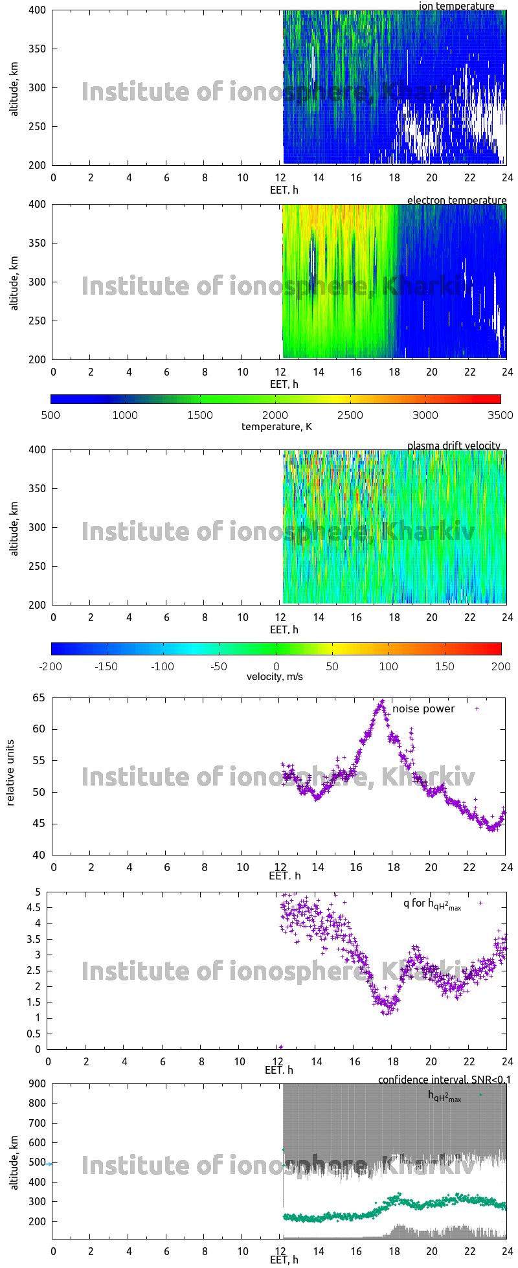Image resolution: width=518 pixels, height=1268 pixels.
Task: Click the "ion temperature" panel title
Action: (x=456, y=6)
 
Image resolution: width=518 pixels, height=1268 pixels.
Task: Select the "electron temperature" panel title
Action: (x=456, y=200)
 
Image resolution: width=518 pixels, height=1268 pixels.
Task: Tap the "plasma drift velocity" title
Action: (x=453, y=446)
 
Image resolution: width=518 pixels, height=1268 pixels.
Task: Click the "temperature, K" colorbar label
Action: (x=276, y=426)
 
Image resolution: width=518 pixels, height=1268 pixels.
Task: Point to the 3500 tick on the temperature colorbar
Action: (x=500, y=415)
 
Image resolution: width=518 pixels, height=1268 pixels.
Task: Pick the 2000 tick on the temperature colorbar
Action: (x=275, y=415)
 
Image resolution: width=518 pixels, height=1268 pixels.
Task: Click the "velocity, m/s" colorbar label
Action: (x=275, y=677)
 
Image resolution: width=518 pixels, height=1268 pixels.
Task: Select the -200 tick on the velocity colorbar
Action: (x=51, y=666)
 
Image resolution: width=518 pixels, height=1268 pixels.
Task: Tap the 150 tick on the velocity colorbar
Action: (x=445, y=666)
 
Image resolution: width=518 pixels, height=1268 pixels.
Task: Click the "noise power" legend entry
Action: (x=423, y=709)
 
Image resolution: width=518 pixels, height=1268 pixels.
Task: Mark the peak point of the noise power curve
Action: (x=382, y=701)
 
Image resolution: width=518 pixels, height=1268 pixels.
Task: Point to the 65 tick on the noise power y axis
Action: (x=38, y=697)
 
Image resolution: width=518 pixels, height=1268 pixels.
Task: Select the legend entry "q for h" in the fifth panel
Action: (x=432, y=904)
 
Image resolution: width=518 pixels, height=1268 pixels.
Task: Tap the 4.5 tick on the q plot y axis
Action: (x=34, y=908)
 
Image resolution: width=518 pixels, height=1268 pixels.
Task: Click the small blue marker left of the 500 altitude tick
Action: (x=49, y=1164)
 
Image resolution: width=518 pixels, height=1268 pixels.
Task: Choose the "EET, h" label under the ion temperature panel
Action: (x=284, y=190)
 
